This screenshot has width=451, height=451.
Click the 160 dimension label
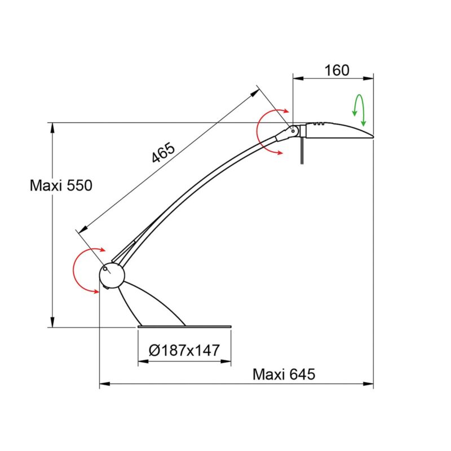pyautogui.click(x=337, y=70)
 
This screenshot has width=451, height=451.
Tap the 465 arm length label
pyautogui.click(x=163, y=152)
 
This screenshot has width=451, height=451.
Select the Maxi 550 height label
pyautogui.click(x=61, y=185)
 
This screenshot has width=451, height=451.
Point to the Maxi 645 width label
pyautogui.click(x=284, y=374)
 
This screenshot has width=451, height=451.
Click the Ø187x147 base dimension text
pyautogui.click(x=184, y=350)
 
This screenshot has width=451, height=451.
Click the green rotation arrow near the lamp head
pyautogui.click(x=359, y=109)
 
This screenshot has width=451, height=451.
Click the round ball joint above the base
pyautogui.click(x=112, y=275)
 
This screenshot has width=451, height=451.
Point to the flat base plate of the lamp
pyautogui.click(x=184, y=326)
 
